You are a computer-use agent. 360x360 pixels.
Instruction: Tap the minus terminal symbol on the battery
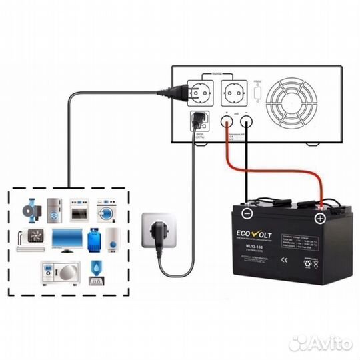pyautogui.click(x=247, y=213)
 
